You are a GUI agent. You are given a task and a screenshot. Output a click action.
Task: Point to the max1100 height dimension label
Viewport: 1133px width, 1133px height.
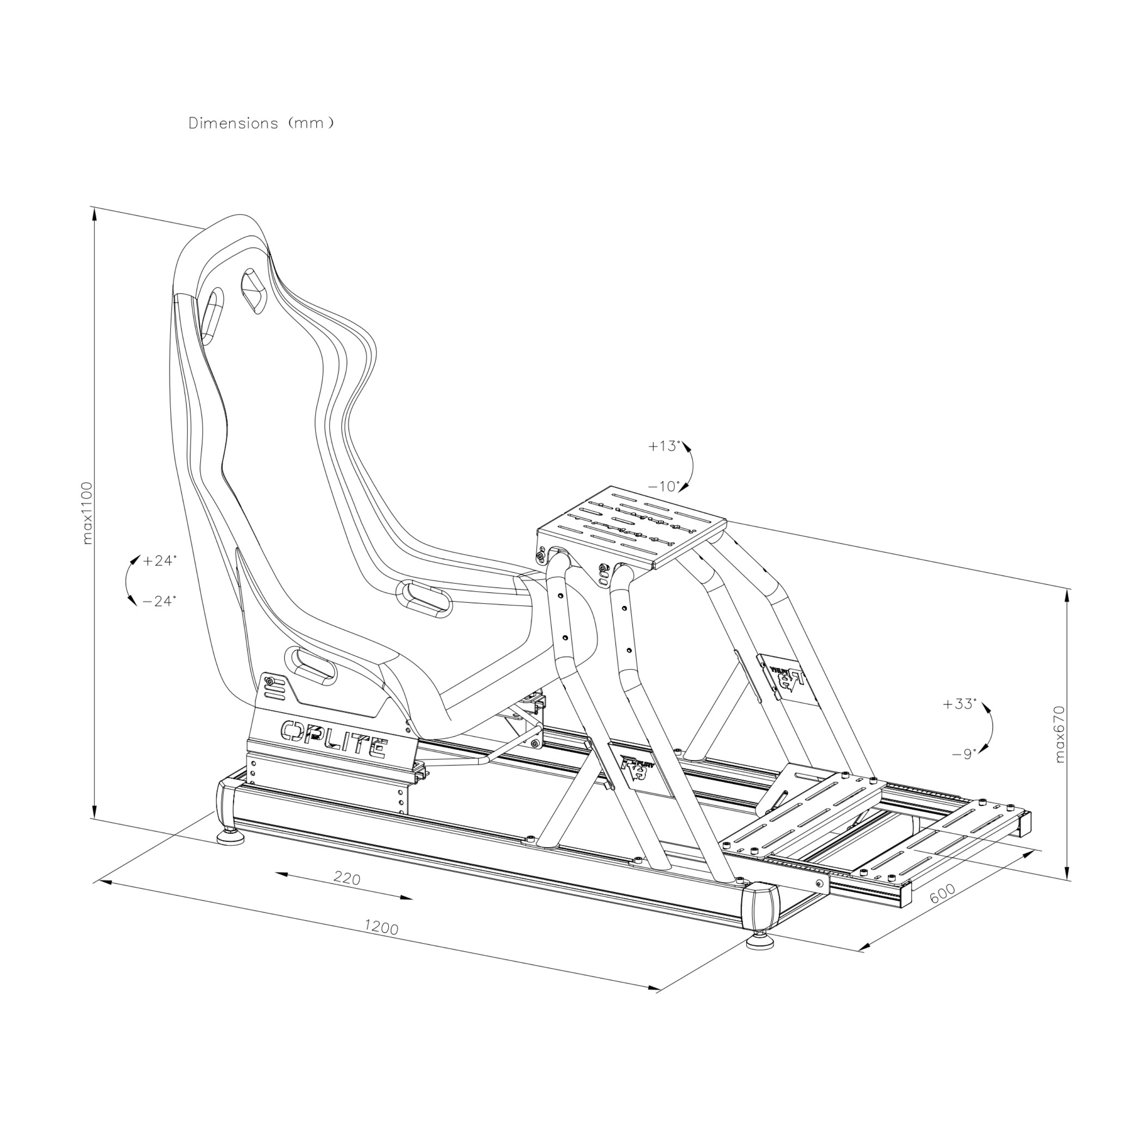(x=87, y=513)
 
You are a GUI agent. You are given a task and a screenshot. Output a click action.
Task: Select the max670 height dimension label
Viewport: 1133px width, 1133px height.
(x=1059, y=734)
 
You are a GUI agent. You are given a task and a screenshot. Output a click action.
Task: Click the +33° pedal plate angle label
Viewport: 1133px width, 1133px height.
(x=960, y=704)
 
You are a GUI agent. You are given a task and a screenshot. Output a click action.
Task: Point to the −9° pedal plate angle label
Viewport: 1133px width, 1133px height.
(x=964, y=754)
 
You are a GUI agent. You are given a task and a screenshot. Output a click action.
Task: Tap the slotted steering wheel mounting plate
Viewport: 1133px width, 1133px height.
(x=632, y=527)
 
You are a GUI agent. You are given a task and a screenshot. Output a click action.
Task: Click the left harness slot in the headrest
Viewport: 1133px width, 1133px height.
(x=212, y=314)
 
